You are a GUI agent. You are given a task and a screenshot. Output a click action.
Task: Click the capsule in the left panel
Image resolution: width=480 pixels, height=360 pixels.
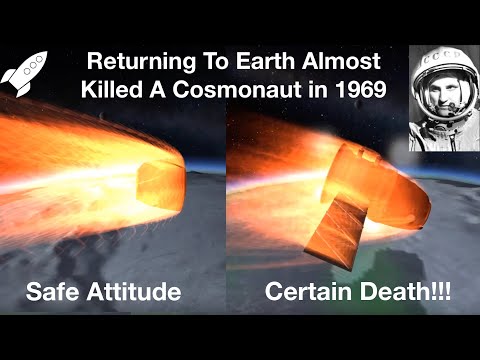(x=160, y=185)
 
